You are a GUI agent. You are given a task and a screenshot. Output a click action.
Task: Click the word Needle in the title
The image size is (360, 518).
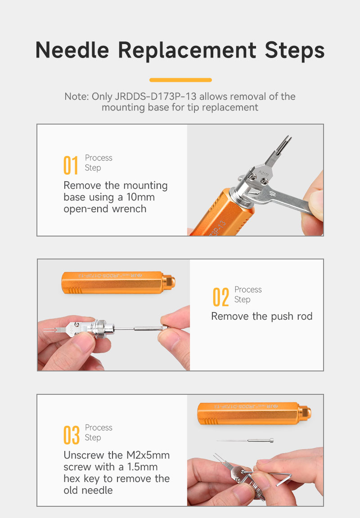tap(72, 50)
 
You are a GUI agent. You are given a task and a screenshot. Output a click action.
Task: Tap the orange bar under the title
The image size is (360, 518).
tap(180, 80)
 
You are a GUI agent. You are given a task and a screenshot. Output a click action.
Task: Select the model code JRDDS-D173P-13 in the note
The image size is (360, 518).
tap(155, 97)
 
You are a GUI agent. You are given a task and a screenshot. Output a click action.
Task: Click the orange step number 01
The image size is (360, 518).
tap(71, 165)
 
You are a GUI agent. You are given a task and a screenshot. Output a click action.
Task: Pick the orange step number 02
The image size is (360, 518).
tap(220, 297)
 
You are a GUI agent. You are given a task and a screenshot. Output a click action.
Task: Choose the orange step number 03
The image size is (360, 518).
tap(72, 435)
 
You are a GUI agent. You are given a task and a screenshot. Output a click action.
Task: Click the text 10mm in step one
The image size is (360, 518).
tap(140, 197)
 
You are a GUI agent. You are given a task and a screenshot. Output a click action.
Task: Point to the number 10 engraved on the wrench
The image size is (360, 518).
tap(273, 193)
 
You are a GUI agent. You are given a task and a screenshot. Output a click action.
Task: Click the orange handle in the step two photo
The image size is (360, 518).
tap(118, 282)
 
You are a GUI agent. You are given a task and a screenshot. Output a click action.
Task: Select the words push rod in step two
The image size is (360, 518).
tap(292, 317)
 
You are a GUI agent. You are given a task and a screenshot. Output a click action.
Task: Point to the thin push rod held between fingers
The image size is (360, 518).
tap(139, 328)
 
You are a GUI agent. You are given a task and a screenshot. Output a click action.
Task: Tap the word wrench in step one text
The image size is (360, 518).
tap(129, 209)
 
